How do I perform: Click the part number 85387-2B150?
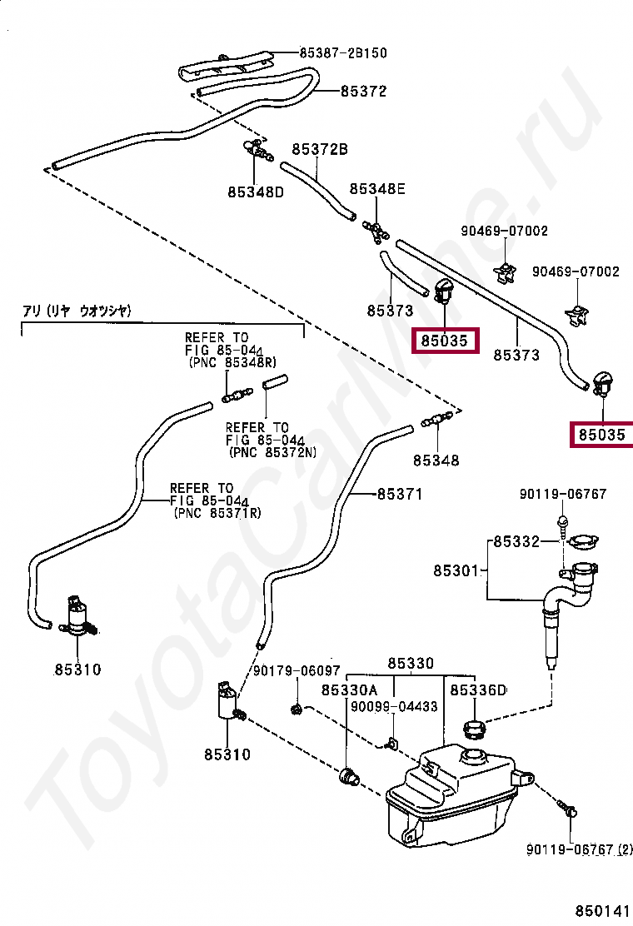coord(343,53)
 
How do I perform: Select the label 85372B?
coord(320,149)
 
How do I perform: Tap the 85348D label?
coord(256,192)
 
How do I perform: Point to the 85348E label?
coord(377,189)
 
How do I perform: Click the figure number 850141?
coord(604,911)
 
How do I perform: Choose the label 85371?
coord(400,494)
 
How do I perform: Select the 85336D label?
coord(478,690)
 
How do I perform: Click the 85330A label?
coord(349,690)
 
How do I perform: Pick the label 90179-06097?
coord(297,671)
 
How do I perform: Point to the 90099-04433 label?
coord(394,706)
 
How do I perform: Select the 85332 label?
coord(516,541)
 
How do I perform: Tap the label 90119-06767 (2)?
coord(579,849)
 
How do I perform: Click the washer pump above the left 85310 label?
coord(79,616)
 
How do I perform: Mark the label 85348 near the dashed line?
coord(436,460)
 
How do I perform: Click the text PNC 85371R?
coord(219,513)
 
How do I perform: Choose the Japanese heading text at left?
coord(77,311)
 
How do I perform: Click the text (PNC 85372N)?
coord(272,452)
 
